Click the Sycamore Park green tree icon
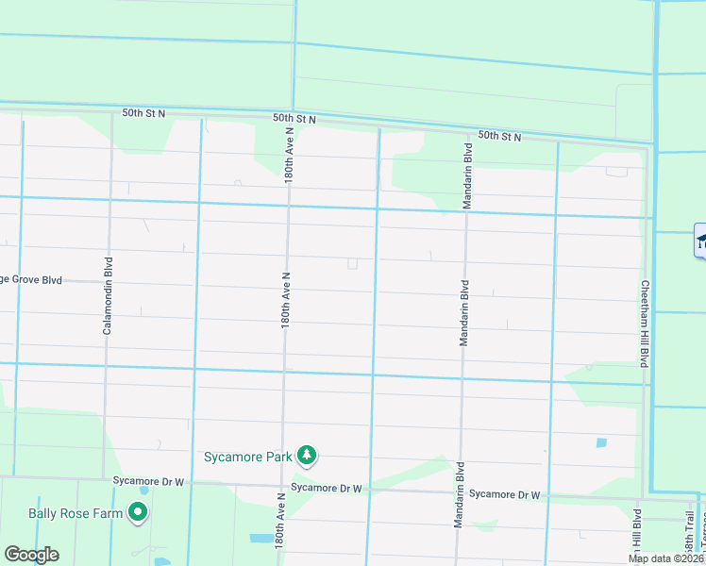(306, 457)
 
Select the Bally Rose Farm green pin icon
(138, 513)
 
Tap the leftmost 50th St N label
(143, 113)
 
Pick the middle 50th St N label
(295, 119)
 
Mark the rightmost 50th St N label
(499, 137)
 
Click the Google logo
(31, 555)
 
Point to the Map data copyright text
(666, 558)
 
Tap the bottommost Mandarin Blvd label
(460, 494)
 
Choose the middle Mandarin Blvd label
(464, 312)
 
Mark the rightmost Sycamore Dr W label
(504, 494)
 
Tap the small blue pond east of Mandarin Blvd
(601, 442)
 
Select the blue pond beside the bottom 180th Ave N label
(261, 539)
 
